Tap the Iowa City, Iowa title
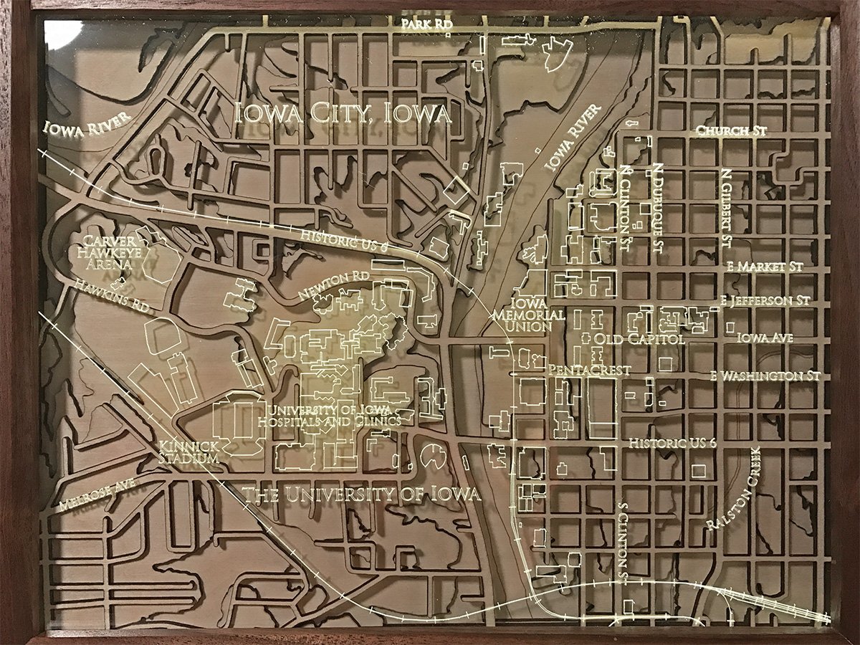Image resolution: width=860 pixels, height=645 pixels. pyautogui.click(x=344, y=113)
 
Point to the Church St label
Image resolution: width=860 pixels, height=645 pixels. pyautogui.click(x=731, y=132)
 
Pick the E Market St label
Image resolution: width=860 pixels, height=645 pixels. pyautogui.click(x=764, y=266)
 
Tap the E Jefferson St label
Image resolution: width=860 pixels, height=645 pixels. pyautogui.click(x=765, y=300)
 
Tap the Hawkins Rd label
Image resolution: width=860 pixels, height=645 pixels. pyautogui.click(x=110, y=295)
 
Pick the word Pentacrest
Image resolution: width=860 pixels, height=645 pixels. pyautogui.click(x=588, y=371)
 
